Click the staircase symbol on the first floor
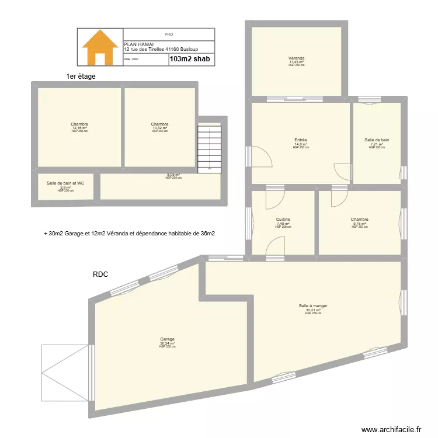[x=210, y=148]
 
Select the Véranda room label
[x=297, y=58]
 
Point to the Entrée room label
[x=301, y=140]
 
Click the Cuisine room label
[x=283, y=220]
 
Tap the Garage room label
[x=167, y=339]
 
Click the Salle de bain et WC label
[x=65, y=183]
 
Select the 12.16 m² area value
[x=79, y=128]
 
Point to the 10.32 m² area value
[x=159, y=128]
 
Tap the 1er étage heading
[x=81, y=77]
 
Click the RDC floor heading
[x=100, y=273]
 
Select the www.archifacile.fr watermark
[x=391, y=429]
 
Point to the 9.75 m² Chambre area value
[x=359, y=224]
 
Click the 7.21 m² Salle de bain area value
[x=377, y=144]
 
